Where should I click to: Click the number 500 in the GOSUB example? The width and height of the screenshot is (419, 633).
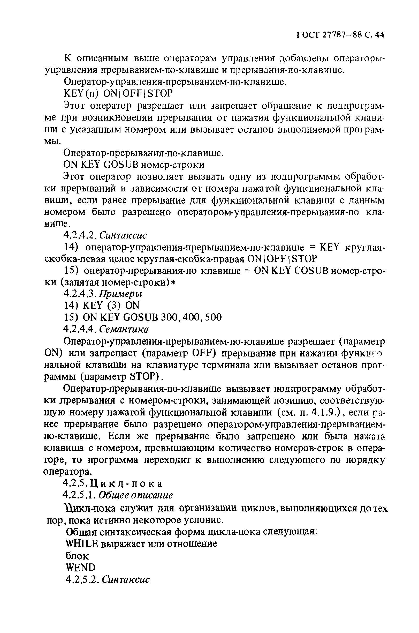click(213, 317)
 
